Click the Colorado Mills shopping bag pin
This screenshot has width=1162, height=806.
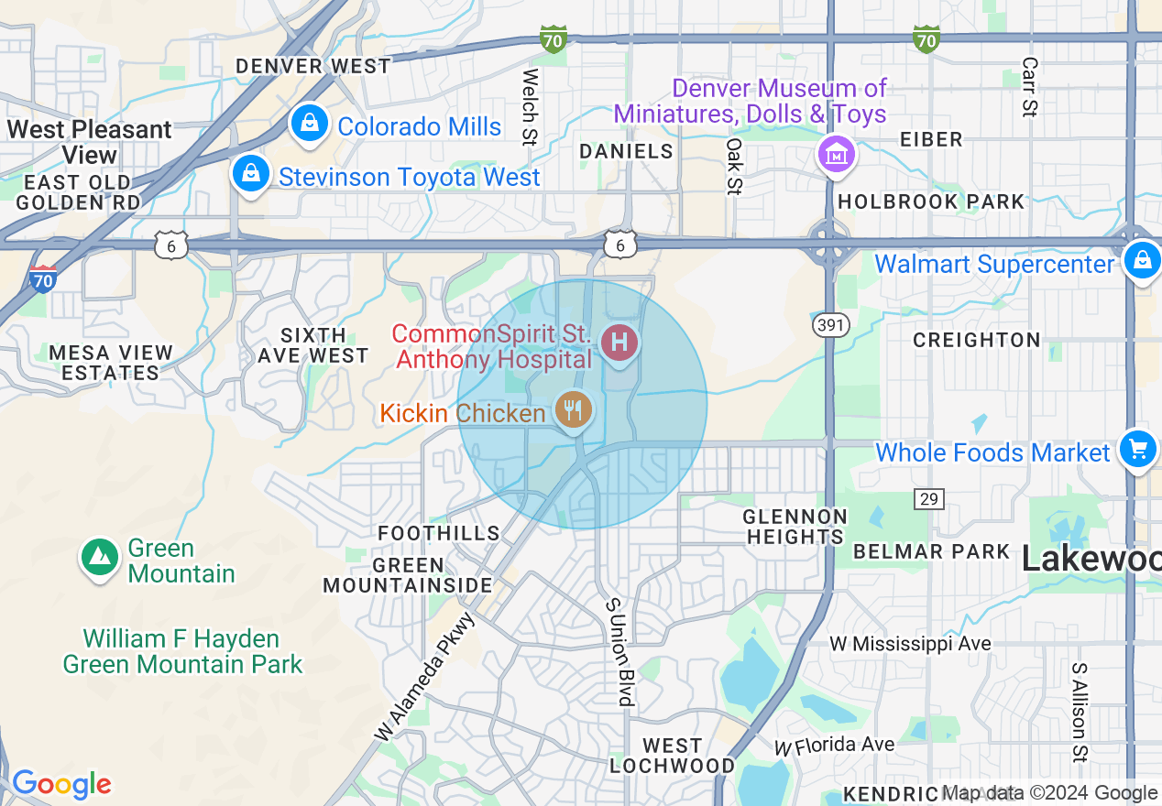pyautogui.click(x=310, y=122)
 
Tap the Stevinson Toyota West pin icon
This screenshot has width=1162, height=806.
pyautogui.click(x=250, y=172)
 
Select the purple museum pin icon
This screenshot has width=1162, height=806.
pyautogui.click(x=836, y=154)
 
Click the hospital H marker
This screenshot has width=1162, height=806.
pyautogui.click(x=619, y=343)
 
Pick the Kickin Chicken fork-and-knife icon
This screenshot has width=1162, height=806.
pyautogui.click(x=573, y=408)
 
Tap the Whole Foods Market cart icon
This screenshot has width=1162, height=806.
pyautogui.click(x=1138, y=450)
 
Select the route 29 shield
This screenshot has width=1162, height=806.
pyautogui.click(x=928, y=498)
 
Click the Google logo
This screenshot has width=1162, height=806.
pyautogui.click(x=61, y=784)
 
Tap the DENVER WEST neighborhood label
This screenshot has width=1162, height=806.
pyautogui.click(x=313, y=66)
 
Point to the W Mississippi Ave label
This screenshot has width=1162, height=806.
pyautogui.click(x=910, y=644)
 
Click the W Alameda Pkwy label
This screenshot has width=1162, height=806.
pyautogui.click(x=425, y=676)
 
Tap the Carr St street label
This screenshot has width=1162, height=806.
pyautogui.click(x=1029, y=88)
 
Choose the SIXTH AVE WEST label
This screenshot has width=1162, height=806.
pyautogui.click(x=312, y=345)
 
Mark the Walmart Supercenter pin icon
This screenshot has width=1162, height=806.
pyautogui.click(x=1143, y=260)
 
